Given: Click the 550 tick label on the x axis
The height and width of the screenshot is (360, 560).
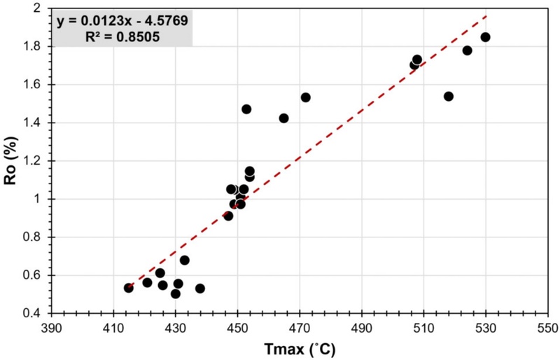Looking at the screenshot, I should tap(547, 326).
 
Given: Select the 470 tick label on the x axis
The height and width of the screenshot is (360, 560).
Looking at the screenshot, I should tap(300, 326).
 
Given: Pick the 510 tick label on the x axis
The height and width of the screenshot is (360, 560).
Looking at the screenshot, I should tap(423, 326).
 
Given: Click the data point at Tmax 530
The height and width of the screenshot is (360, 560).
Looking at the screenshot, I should tap(485, 37).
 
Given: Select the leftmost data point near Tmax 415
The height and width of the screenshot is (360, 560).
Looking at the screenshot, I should tap(129, 288).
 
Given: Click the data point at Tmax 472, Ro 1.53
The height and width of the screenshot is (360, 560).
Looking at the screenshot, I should tap(305, 97).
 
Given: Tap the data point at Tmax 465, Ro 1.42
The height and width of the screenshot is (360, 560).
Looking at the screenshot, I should tap(283, 118).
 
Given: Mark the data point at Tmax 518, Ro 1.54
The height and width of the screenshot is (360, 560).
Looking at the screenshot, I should tap(449, 96).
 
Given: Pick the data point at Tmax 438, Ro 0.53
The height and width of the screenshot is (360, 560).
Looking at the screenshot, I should tap(200, 289).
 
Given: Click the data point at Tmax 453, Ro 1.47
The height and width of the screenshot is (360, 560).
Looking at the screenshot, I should tap(246, 109).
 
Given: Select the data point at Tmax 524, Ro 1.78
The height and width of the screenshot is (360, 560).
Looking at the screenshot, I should tap(467, 50).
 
